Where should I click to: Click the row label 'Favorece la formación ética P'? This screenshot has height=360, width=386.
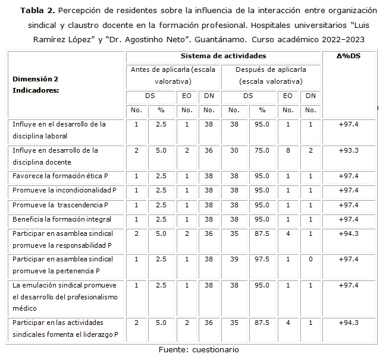coord(61,176)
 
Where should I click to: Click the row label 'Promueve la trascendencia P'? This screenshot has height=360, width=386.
coord(61,205)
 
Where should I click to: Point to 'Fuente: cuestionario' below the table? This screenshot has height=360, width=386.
coord(198,350)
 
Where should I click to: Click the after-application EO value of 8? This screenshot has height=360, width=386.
coord(288,150)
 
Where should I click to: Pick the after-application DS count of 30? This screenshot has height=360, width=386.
coord(234,150)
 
